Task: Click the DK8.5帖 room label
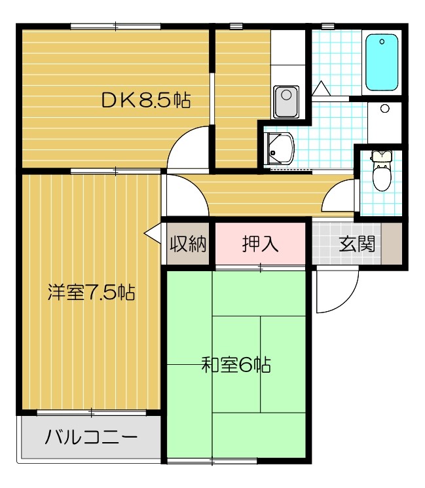(145, 100)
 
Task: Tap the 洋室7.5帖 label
(91, 292)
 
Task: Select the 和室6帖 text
(236, 365)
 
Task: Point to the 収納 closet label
(188, 244)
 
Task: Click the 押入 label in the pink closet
(260, 244)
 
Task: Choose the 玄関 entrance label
(356, 244)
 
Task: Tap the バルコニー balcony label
(91, 437)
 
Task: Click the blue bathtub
(382, 62)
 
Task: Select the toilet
(382, 170)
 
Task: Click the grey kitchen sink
(286, 102)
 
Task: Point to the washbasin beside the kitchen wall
(279, 148)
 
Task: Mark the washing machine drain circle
(385, 109)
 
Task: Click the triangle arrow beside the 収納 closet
(153, 233)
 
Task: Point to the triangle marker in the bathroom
(321, 88)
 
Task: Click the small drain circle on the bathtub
(382, 41)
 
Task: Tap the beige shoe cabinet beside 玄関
(392, 244)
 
